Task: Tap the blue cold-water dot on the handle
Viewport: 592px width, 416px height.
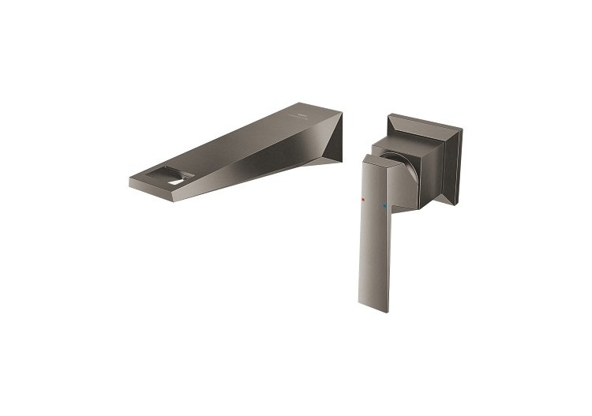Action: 384,208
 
